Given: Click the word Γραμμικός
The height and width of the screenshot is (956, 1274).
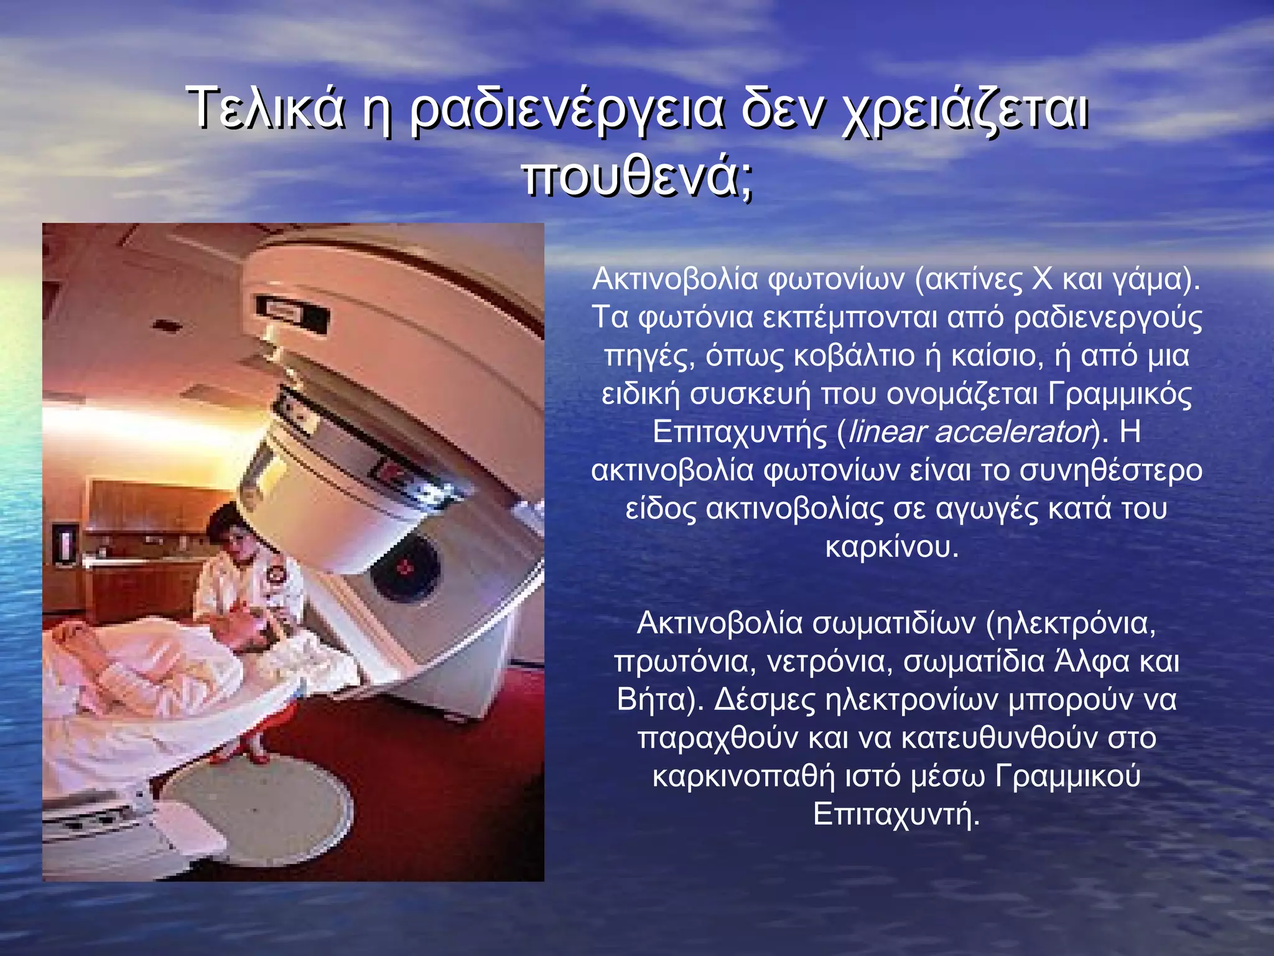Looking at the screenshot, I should tap(1120, 394).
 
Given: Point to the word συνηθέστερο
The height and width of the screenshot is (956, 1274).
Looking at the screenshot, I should tap(1110, 471).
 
